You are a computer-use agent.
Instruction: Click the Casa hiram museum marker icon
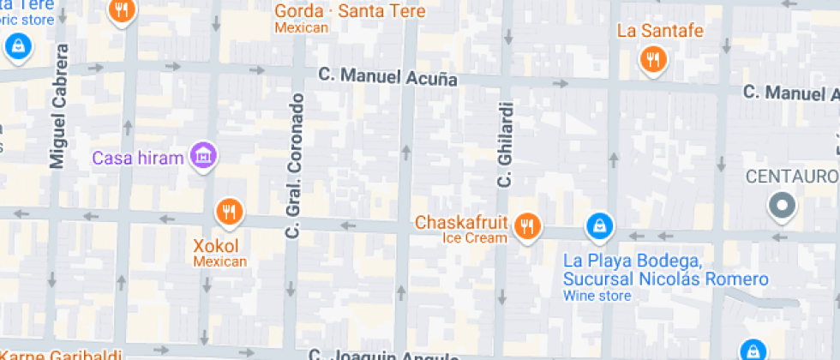(204, 156)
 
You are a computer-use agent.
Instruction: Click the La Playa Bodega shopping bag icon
(599, 226)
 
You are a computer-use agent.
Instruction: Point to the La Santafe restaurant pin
(653, 58)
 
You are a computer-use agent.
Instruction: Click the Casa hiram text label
(138, 158)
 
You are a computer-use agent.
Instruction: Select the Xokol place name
(216, 245)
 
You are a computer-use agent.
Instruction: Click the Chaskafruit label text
(463, 222)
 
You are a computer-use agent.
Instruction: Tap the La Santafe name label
(660, 31)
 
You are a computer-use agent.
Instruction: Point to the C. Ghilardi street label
(505, 146)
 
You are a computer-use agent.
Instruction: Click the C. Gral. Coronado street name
(296, 165)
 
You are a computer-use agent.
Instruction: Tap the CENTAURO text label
(791, 177)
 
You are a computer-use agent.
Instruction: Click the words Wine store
(597, 296)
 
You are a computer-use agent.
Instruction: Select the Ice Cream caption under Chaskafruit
(474, 238)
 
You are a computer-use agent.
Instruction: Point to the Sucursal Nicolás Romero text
(665, 279)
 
